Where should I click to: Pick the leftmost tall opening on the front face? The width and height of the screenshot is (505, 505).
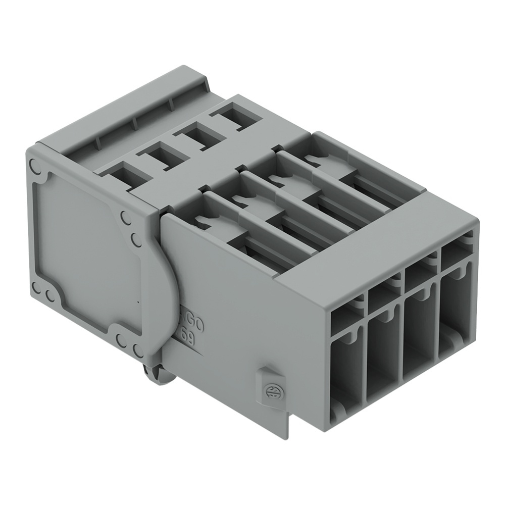[x=346, y=373]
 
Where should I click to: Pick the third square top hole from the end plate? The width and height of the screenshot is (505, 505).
[x=196, y=134]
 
